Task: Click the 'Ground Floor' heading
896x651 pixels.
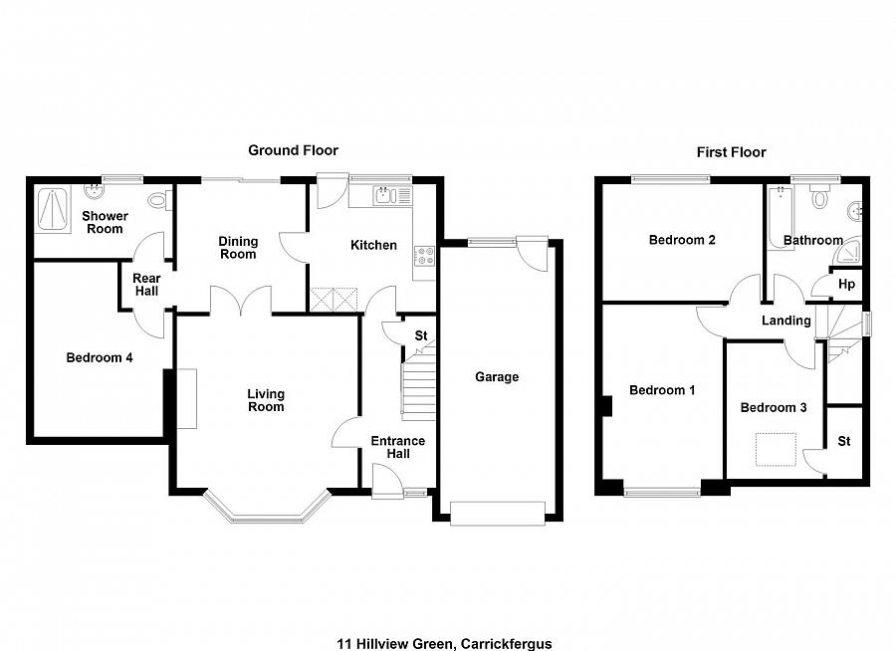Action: pos(293,150)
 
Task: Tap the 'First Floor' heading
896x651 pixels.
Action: pos(731,152)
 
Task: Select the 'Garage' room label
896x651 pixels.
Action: pos(497,377)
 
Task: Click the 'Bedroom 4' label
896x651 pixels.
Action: pos(100,358)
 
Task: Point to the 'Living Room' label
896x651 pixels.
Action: pos(266,400)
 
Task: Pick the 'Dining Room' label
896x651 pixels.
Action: pos(238,248)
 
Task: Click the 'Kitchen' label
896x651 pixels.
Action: pos(373,245)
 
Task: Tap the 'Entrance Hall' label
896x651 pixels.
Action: pos(397,447)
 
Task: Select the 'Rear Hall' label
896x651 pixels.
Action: pos(146,285)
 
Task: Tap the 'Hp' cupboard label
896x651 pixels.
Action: pos(846,285)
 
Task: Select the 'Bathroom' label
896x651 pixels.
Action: pos(812,240)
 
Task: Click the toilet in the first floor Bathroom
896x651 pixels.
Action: pos(819,197)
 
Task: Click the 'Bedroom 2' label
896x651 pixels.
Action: pos(682,240)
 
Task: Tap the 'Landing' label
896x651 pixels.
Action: pos(786,321)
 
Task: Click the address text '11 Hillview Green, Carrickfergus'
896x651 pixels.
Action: pos(447,616)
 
